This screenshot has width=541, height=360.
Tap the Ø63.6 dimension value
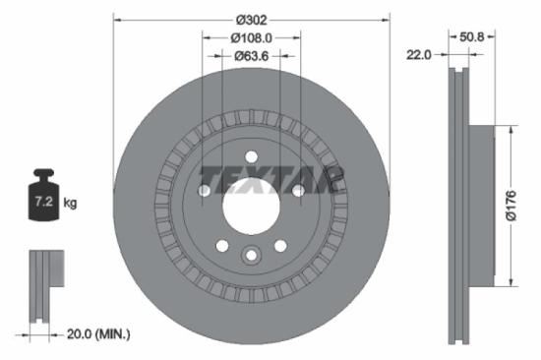(251, 56)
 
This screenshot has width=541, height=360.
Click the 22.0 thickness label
(420, 55)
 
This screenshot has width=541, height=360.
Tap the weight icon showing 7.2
(43, 200)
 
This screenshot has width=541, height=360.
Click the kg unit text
(70, 204)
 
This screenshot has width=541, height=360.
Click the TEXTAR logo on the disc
(270, 179)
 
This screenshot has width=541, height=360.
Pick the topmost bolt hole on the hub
(251, 156)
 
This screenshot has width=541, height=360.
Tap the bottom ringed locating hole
(251, 255)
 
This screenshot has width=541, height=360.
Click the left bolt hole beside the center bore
(205, 191)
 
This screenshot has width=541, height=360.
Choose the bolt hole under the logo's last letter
(297, 191)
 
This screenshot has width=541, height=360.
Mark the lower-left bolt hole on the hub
(222, 245)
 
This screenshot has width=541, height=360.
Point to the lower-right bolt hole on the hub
(279, 245)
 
